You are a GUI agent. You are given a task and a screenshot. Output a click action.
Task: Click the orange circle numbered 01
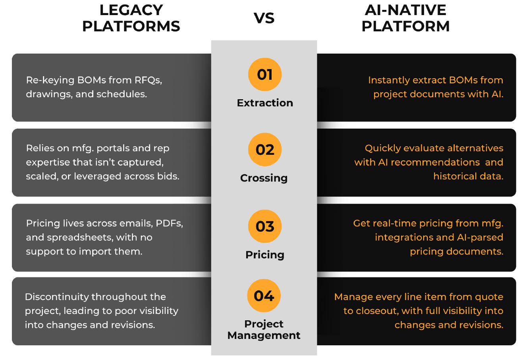point(265,74)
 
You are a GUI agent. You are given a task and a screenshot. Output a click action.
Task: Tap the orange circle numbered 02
point(265,149)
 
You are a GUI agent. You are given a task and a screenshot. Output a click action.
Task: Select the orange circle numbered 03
point(265,226)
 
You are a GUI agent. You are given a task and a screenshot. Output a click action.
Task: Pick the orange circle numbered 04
point(264,296)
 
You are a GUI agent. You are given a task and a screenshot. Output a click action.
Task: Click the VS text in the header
point(264,18)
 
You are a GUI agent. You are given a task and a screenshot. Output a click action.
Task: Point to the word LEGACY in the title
point(131,10)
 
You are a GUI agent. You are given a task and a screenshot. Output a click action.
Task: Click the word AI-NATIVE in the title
point(405,10)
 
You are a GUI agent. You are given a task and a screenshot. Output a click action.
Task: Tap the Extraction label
point(265,103)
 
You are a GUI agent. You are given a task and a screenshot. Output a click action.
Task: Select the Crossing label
point(264,178)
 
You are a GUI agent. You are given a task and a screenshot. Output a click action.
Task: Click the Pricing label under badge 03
point(265,255)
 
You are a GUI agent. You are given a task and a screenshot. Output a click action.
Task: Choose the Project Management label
point(264,330)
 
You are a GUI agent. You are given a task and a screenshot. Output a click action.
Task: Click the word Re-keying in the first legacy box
point(50,81)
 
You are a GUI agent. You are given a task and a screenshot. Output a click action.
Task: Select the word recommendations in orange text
point(435,162)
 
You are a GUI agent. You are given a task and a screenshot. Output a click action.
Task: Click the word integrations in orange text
point(404,238)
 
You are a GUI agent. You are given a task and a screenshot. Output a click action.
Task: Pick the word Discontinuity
point(57,297)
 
